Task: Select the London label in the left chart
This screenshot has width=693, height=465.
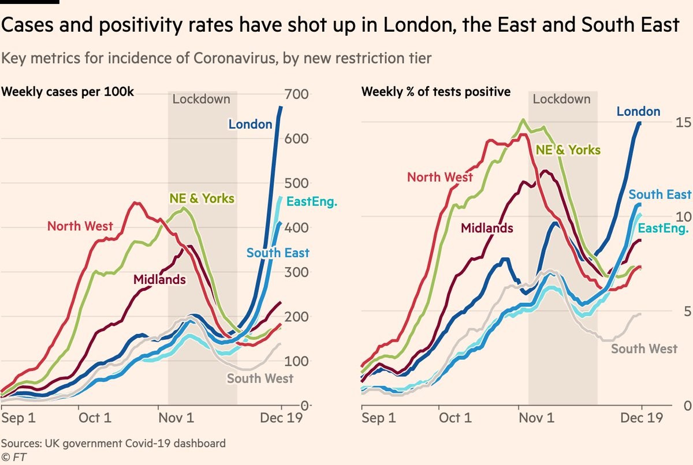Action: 250,124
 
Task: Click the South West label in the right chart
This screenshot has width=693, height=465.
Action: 644,348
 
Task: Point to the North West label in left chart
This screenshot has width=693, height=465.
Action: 80,226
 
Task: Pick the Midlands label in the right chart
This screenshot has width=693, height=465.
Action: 487,228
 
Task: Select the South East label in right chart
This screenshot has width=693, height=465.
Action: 660,194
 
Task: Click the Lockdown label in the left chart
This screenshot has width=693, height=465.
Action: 202,99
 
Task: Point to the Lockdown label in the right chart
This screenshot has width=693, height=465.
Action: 562,99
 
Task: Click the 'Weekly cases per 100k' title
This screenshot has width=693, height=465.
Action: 68,91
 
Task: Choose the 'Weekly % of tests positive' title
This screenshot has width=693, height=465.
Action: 435,91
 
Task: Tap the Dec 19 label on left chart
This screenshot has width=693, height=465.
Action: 281,418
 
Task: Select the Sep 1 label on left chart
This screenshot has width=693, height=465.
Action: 18,418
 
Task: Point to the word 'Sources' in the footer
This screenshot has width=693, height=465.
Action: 23,444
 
